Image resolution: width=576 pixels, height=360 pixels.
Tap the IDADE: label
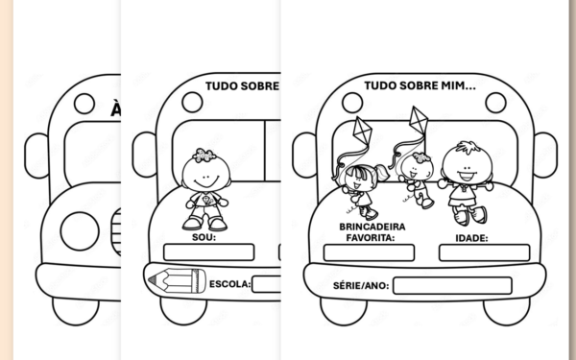[470, 237]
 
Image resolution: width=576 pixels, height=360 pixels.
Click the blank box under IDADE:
[484, 252]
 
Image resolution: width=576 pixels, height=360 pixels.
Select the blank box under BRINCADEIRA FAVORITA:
[369, 252]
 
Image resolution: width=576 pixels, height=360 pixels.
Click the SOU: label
[204, 236]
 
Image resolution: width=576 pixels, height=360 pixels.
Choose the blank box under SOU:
[208, 252]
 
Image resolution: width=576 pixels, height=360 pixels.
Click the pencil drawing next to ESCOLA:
[175, 280]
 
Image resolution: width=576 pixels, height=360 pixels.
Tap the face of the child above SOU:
[204, 178]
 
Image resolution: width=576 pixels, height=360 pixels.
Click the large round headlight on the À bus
[80, 230]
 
